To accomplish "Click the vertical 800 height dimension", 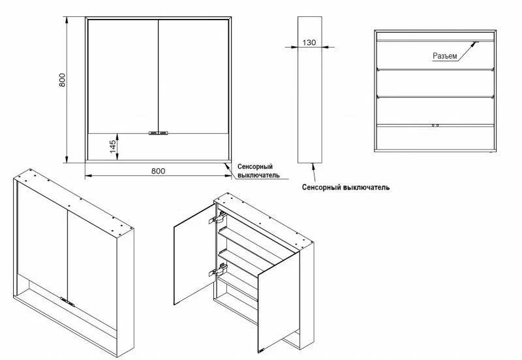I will [62, 80].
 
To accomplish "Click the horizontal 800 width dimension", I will [157, 171].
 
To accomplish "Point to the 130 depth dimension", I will [309, 43].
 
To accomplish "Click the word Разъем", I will [444, 56].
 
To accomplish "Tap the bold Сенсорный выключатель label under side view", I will [346, 187].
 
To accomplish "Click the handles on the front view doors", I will [159, 133].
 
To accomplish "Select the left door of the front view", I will [123, 75].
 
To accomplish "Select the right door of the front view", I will [193, 75].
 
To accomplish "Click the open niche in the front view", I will [158, 147].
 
